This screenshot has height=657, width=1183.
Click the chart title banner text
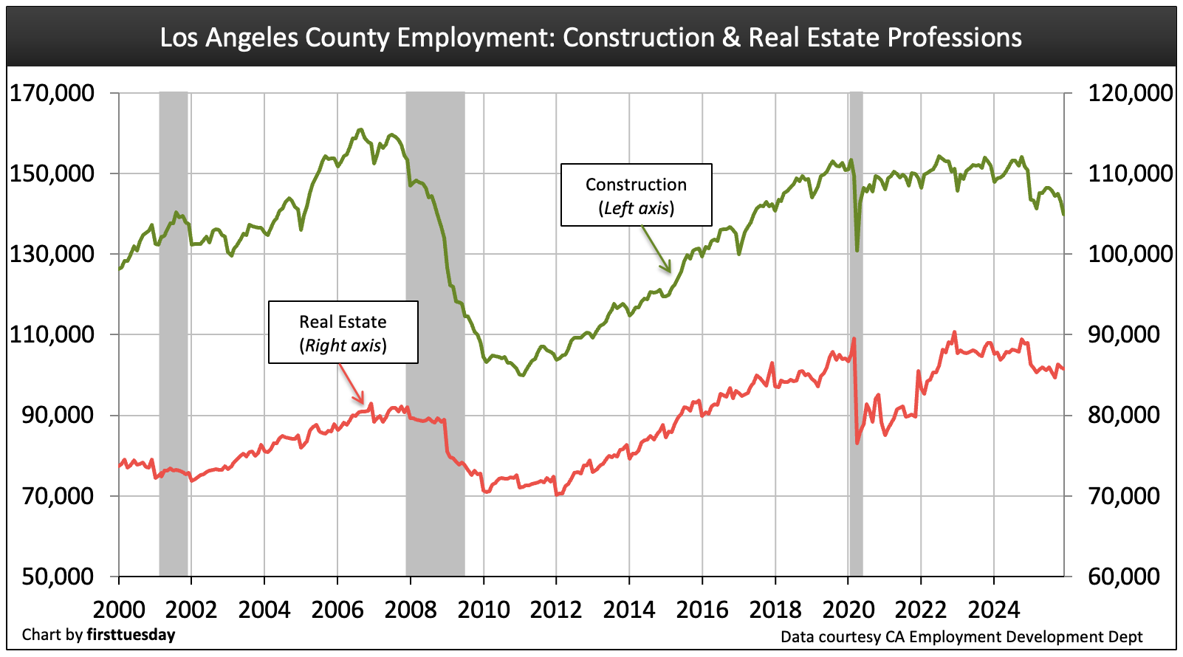(591, 37)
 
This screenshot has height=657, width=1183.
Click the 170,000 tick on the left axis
(52, 93)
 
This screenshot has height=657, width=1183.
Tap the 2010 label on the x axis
(483, 610)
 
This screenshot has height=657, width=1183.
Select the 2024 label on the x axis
(993, 610)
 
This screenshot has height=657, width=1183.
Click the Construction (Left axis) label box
(636, 195)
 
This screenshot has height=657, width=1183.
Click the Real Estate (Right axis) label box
(343, 332)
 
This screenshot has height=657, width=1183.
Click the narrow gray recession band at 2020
(856, 332)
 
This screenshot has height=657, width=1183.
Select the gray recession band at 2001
(174, 332)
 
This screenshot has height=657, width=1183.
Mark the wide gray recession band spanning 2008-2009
(435, 332)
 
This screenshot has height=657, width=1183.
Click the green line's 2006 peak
(360, 131)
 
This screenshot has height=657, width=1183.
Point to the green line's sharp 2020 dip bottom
(857, 250)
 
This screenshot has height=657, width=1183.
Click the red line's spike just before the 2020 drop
(854, 339)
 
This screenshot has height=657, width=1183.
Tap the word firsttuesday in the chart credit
(131, 635)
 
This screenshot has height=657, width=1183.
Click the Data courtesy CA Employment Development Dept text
(961, 636)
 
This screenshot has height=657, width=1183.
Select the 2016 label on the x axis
(702, 610)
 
